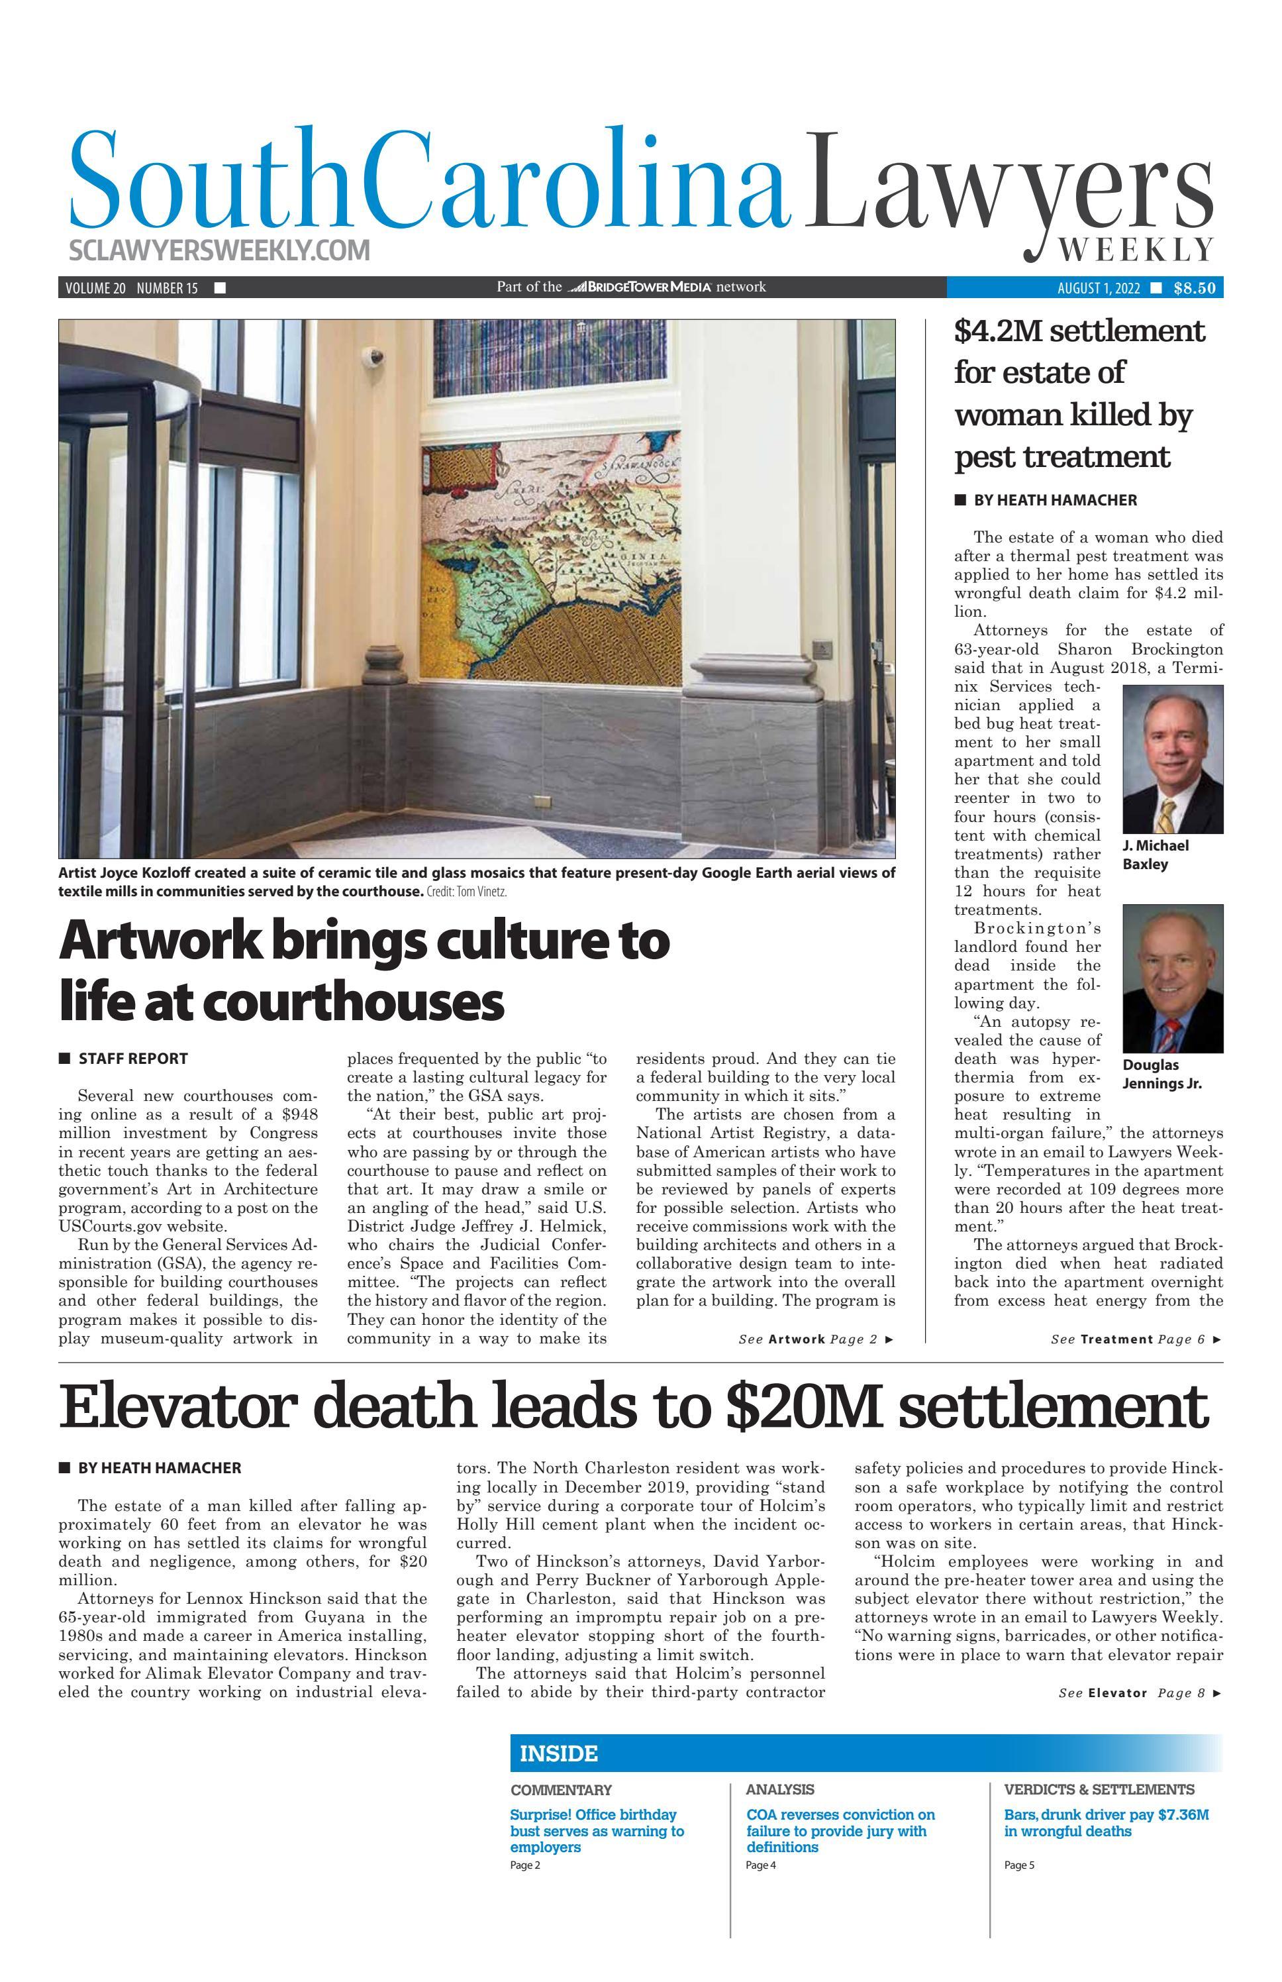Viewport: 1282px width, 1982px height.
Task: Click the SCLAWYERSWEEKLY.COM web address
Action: (x=220, y=250)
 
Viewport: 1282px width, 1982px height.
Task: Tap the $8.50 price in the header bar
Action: (x=1195, y=288)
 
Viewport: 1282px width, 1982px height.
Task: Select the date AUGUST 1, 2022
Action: (x=1098, y=288)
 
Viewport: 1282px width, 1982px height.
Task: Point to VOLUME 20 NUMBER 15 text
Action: (x=132, y=288)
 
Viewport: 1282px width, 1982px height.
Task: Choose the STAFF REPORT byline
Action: (x=132, y=1059)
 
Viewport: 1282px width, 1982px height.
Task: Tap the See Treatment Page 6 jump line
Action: (x=1136, y=1339)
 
